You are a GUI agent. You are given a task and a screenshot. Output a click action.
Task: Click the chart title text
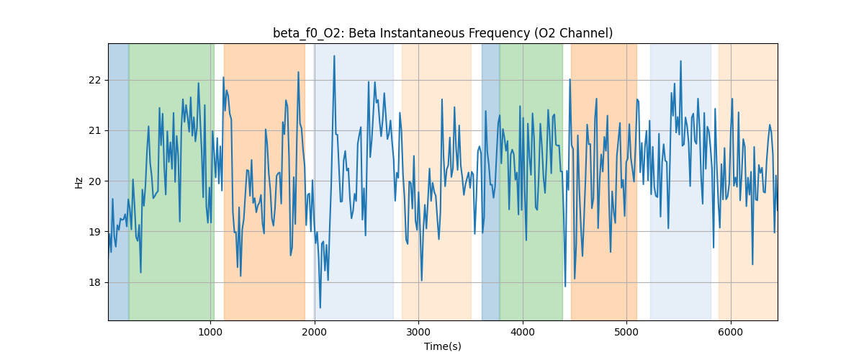click(443, 33)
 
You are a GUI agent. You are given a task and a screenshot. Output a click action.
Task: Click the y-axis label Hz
click(79, 182)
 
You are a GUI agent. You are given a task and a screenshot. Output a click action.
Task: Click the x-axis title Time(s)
click(443, 346)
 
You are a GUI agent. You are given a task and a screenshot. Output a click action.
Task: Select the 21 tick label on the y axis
click(96, 130)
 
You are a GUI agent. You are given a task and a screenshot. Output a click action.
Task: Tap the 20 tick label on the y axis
click(96, 181)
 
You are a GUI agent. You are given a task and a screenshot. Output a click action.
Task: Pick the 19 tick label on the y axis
click(96, 232)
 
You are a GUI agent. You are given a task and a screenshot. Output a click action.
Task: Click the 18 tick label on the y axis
click(96, 282)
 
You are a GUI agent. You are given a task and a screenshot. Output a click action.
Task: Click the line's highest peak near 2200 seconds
click(334, 55)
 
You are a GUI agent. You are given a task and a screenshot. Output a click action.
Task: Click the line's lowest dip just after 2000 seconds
click(320, 308)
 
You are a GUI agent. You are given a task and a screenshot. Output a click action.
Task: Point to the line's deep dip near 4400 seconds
click(565, 286)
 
